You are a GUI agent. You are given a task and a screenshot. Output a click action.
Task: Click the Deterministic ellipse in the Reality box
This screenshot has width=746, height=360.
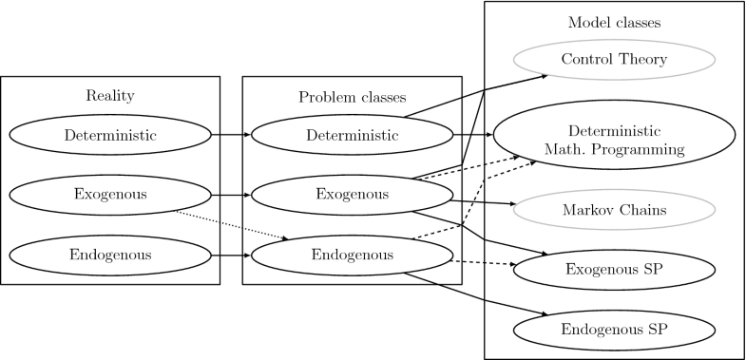pos(110,135)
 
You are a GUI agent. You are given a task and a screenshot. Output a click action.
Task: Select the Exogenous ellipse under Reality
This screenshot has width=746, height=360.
pos(110,195)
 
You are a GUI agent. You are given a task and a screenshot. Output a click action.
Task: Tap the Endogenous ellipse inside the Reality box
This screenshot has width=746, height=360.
pos(110,255)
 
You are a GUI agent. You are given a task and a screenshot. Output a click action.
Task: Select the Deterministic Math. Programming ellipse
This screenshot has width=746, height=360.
pos(613,140)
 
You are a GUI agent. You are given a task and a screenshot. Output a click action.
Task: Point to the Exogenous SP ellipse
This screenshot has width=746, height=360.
pos(613,270)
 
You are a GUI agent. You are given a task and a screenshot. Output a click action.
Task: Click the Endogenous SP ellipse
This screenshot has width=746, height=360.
pos(613,330)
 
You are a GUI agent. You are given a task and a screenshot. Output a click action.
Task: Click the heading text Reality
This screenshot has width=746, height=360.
pos(110,95)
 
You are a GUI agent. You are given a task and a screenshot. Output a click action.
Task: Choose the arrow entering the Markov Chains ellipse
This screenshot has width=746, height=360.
pos(485,201)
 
